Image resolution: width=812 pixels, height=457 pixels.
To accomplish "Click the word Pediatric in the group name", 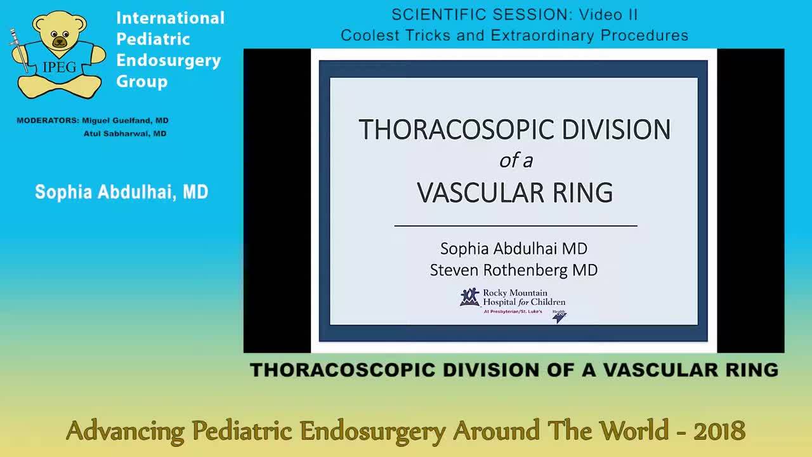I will (x=153, y=39).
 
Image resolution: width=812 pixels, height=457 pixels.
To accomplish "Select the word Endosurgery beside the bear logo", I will (x=168, y=60).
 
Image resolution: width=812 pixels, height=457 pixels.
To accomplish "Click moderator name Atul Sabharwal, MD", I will (x=125, y=134).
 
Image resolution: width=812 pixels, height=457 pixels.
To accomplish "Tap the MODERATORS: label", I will (x=48, y=121).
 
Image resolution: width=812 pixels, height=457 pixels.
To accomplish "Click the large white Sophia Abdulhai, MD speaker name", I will (x=121, y=192).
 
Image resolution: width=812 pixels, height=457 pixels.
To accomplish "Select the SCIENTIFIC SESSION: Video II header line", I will (x=514, y=15).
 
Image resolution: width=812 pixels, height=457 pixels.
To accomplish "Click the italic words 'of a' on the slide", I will (x=515, y=161).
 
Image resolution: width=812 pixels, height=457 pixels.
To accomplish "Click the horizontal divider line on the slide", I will (x=515, y=225).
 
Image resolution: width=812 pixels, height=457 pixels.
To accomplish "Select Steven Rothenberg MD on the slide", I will (x=513, y=270).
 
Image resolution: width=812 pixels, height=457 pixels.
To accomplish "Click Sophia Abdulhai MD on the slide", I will (x=513, y=248).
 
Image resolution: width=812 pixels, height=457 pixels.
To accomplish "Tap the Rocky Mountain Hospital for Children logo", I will (x=513, y=301).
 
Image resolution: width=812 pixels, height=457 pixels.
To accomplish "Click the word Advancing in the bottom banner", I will (x=125, y=431).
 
